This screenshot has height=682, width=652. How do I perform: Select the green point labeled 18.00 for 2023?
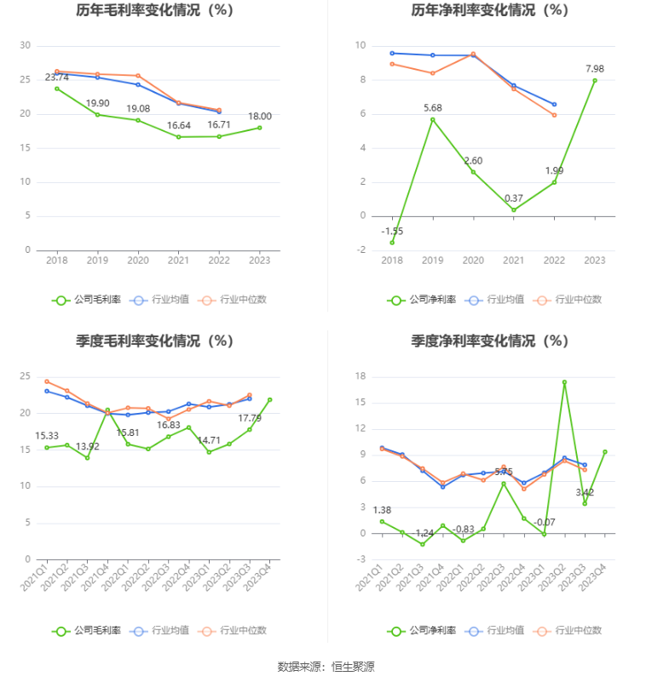tap(260, 128)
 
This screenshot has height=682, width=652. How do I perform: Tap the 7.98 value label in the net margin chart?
tap(595, 68)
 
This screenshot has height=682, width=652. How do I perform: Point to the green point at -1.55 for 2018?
tap(392, 243)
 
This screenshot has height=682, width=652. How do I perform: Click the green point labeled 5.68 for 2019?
tap(432, 119)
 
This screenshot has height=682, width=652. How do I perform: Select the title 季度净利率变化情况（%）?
tap(489, 341)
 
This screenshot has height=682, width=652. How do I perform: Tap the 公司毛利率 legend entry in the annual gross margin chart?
tap(87, 300)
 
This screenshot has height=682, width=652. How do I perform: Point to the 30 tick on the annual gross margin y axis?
tap(26, 45)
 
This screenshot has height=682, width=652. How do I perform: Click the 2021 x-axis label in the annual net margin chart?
tap(513, 260)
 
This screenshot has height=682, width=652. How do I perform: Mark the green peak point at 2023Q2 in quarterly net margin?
tap(564, 382)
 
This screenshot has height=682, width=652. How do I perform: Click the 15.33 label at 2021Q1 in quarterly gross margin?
tap(47, 436)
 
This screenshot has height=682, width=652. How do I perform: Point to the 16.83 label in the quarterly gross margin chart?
tap(168, 425)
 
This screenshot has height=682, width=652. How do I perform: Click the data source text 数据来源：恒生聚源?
tap(326, 666)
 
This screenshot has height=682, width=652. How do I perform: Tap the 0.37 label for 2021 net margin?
tap(513, 198)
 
